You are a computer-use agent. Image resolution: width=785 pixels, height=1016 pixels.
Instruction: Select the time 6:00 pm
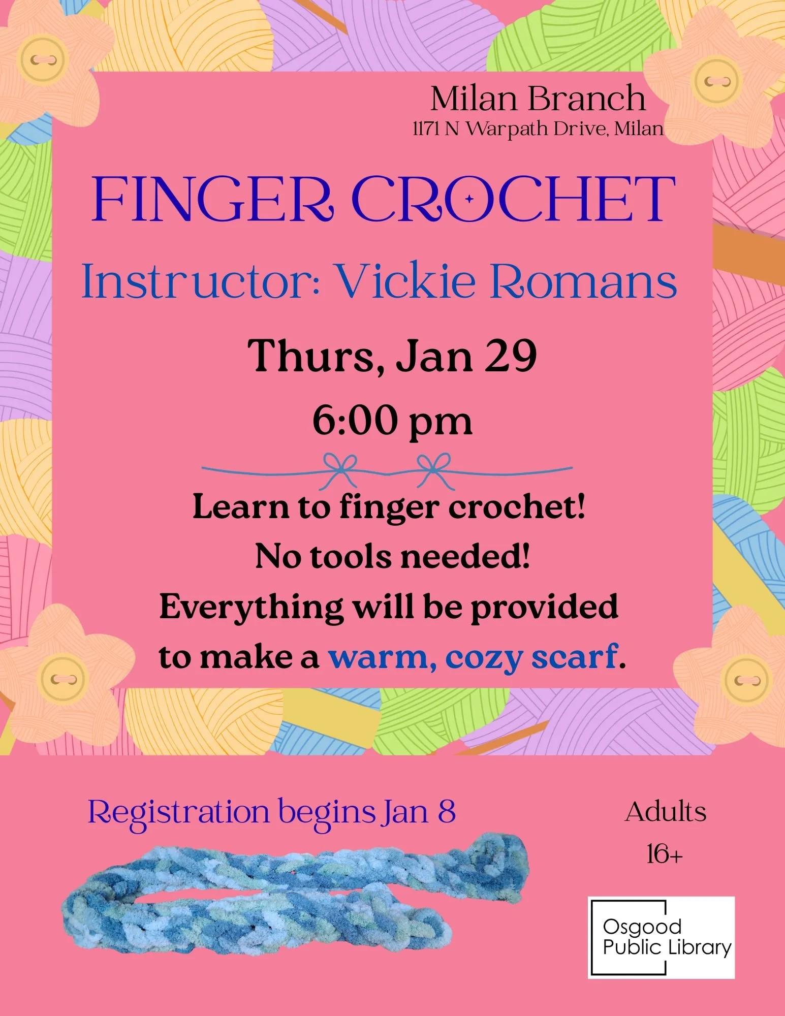[x=392, y=421]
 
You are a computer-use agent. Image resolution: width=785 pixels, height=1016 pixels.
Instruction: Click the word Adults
[x=665, y=812]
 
